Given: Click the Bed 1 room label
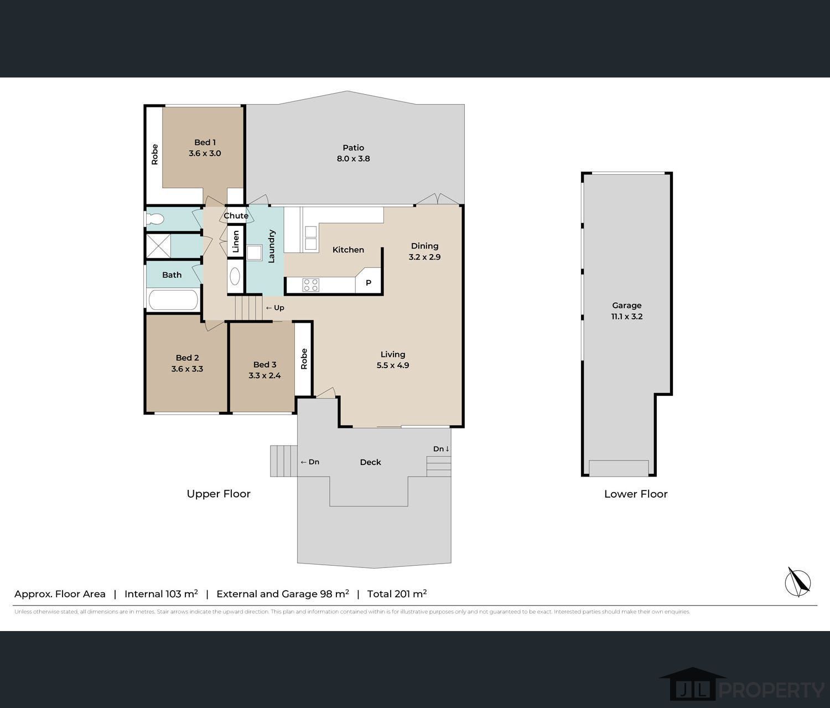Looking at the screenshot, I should [205, 142].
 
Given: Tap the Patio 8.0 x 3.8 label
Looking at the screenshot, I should [353, 153].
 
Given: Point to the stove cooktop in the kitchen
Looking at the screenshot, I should [310, 285].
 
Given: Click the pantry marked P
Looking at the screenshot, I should [368, 283].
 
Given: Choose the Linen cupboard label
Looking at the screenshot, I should [236, 241].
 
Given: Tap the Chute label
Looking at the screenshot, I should [236, 215].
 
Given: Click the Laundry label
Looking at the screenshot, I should [271, 246].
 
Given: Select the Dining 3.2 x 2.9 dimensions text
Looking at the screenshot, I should [424, 257].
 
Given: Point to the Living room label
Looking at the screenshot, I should [392, 354].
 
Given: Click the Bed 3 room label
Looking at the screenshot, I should [264, 364].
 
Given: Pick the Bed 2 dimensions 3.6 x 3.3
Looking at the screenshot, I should [187, 369].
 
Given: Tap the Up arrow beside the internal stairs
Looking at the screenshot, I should [275, 308].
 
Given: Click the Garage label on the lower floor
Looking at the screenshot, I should [626, 306].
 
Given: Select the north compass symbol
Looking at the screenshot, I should [798, 582].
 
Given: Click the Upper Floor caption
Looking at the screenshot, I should [219, 494].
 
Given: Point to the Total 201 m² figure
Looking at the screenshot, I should [397, 594].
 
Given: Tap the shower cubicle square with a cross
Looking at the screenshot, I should [158, 246].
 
